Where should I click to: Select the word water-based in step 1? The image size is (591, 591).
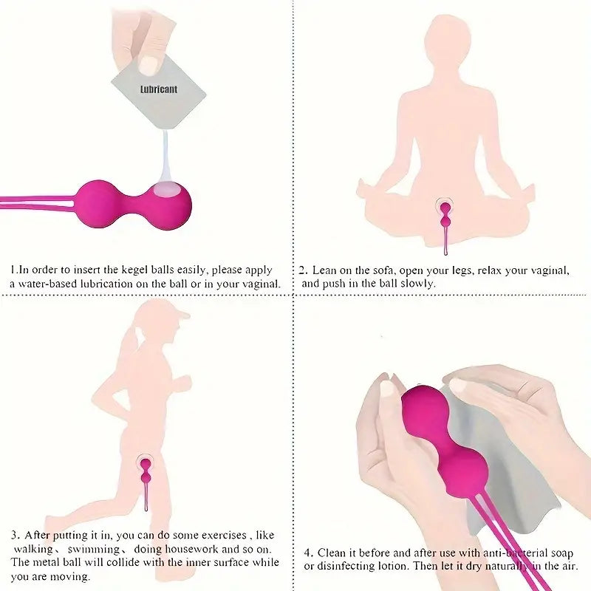pyautogui.click(x=45, y=284)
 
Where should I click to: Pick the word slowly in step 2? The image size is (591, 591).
pyautogui.click(x=419, y=284)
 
